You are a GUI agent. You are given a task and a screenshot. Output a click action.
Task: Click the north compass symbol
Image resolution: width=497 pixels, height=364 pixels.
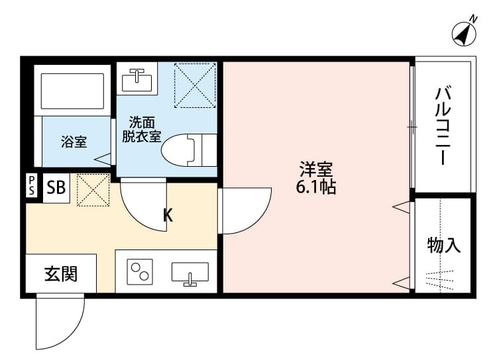(466, 32)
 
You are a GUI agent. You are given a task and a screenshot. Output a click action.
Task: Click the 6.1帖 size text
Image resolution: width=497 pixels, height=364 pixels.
(316, 187)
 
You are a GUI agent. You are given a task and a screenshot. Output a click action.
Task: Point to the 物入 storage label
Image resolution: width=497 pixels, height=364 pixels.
(443, 246)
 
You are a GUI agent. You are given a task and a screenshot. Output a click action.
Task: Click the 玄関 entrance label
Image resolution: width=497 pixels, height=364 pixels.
(60, 273)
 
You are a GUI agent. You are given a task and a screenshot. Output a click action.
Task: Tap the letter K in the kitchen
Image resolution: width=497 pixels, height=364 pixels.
(168, 215)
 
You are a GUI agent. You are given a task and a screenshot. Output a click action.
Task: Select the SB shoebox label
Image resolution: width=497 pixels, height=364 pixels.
(56, 188)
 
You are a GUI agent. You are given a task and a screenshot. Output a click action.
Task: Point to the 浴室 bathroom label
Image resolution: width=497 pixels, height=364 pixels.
(74, 142)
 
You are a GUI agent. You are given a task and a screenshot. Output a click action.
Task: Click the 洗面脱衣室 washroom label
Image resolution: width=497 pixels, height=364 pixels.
(141, 130)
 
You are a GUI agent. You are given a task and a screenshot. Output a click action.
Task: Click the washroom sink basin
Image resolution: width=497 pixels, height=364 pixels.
(138, 79)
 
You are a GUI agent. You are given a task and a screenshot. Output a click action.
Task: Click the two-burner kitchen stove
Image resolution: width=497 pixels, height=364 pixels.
(140, 272)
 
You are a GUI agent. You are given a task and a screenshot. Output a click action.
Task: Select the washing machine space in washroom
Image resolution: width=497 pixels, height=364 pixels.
(195, 85)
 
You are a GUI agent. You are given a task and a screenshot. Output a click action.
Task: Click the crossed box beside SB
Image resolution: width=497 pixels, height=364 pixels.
(93, 189)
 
